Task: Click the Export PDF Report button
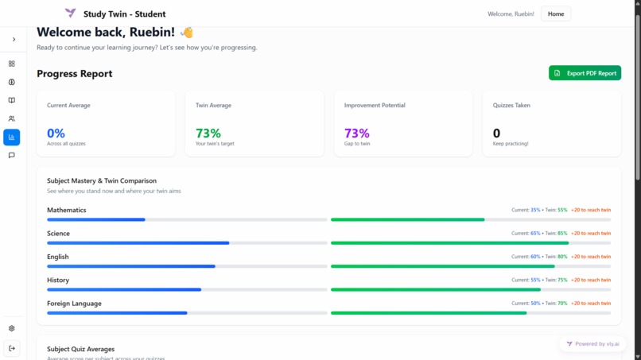(585, 73)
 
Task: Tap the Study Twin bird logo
(71, 14)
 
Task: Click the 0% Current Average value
(56, 133)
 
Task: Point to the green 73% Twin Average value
(208, 133)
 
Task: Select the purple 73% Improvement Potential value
(356, 133)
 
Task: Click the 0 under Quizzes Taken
(496, 133)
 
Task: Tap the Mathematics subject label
(66, 210)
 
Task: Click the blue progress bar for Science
(138, 243)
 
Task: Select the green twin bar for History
(435, 289)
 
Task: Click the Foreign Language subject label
(74, 303)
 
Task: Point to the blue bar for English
(130, 266)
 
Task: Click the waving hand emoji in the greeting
(187, 33)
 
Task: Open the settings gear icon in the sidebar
(12, 328)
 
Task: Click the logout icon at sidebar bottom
(12, 348)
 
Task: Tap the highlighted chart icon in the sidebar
(12, 137)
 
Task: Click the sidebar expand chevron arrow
(14, 39)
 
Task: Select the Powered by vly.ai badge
(592, 344)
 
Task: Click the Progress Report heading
(74, 73)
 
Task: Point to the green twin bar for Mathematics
(407, 219)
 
